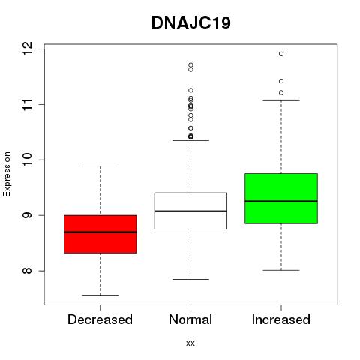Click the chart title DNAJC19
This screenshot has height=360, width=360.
coord(191,23)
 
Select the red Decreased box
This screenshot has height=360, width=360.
coord(100,234)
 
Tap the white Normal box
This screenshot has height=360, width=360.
coord(190,211)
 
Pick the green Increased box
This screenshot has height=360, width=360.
coord(281,199)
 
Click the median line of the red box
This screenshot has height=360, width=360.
coord(100,232)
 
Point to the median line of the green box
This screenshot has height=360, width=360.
coord(281,201)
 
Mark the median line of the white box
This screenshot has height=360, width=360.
coord(190,211)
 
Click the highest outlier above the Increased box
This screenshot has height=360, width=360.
coord(281,54)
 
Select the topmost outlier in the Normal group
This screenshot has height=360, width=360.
coord(190,65)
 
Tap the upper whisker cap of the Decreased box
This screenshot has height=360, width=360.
coord(100,166)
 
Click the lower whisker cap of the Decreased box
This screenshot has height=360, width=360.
coord(100,295)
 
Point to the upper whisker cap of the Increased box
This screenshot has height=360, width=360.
coord(281,100)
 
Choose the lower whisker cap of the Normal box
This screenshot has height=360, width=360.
coord(190,279)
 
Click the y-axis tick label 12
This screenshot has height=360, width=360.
coord(27,49)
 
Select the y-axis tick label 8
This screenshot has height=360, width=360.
coord(27,271)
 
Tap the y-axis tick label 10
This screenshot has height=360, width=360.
coord(27,160)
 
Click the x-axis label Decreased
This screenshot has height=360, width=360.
coord(100,319)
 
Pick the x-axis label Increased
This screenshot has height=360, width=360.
coord(281,319)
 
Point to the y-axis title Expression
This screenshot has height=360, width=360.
coord(7,174)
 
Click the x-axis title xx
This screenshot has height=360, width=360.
coord(190,343)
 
